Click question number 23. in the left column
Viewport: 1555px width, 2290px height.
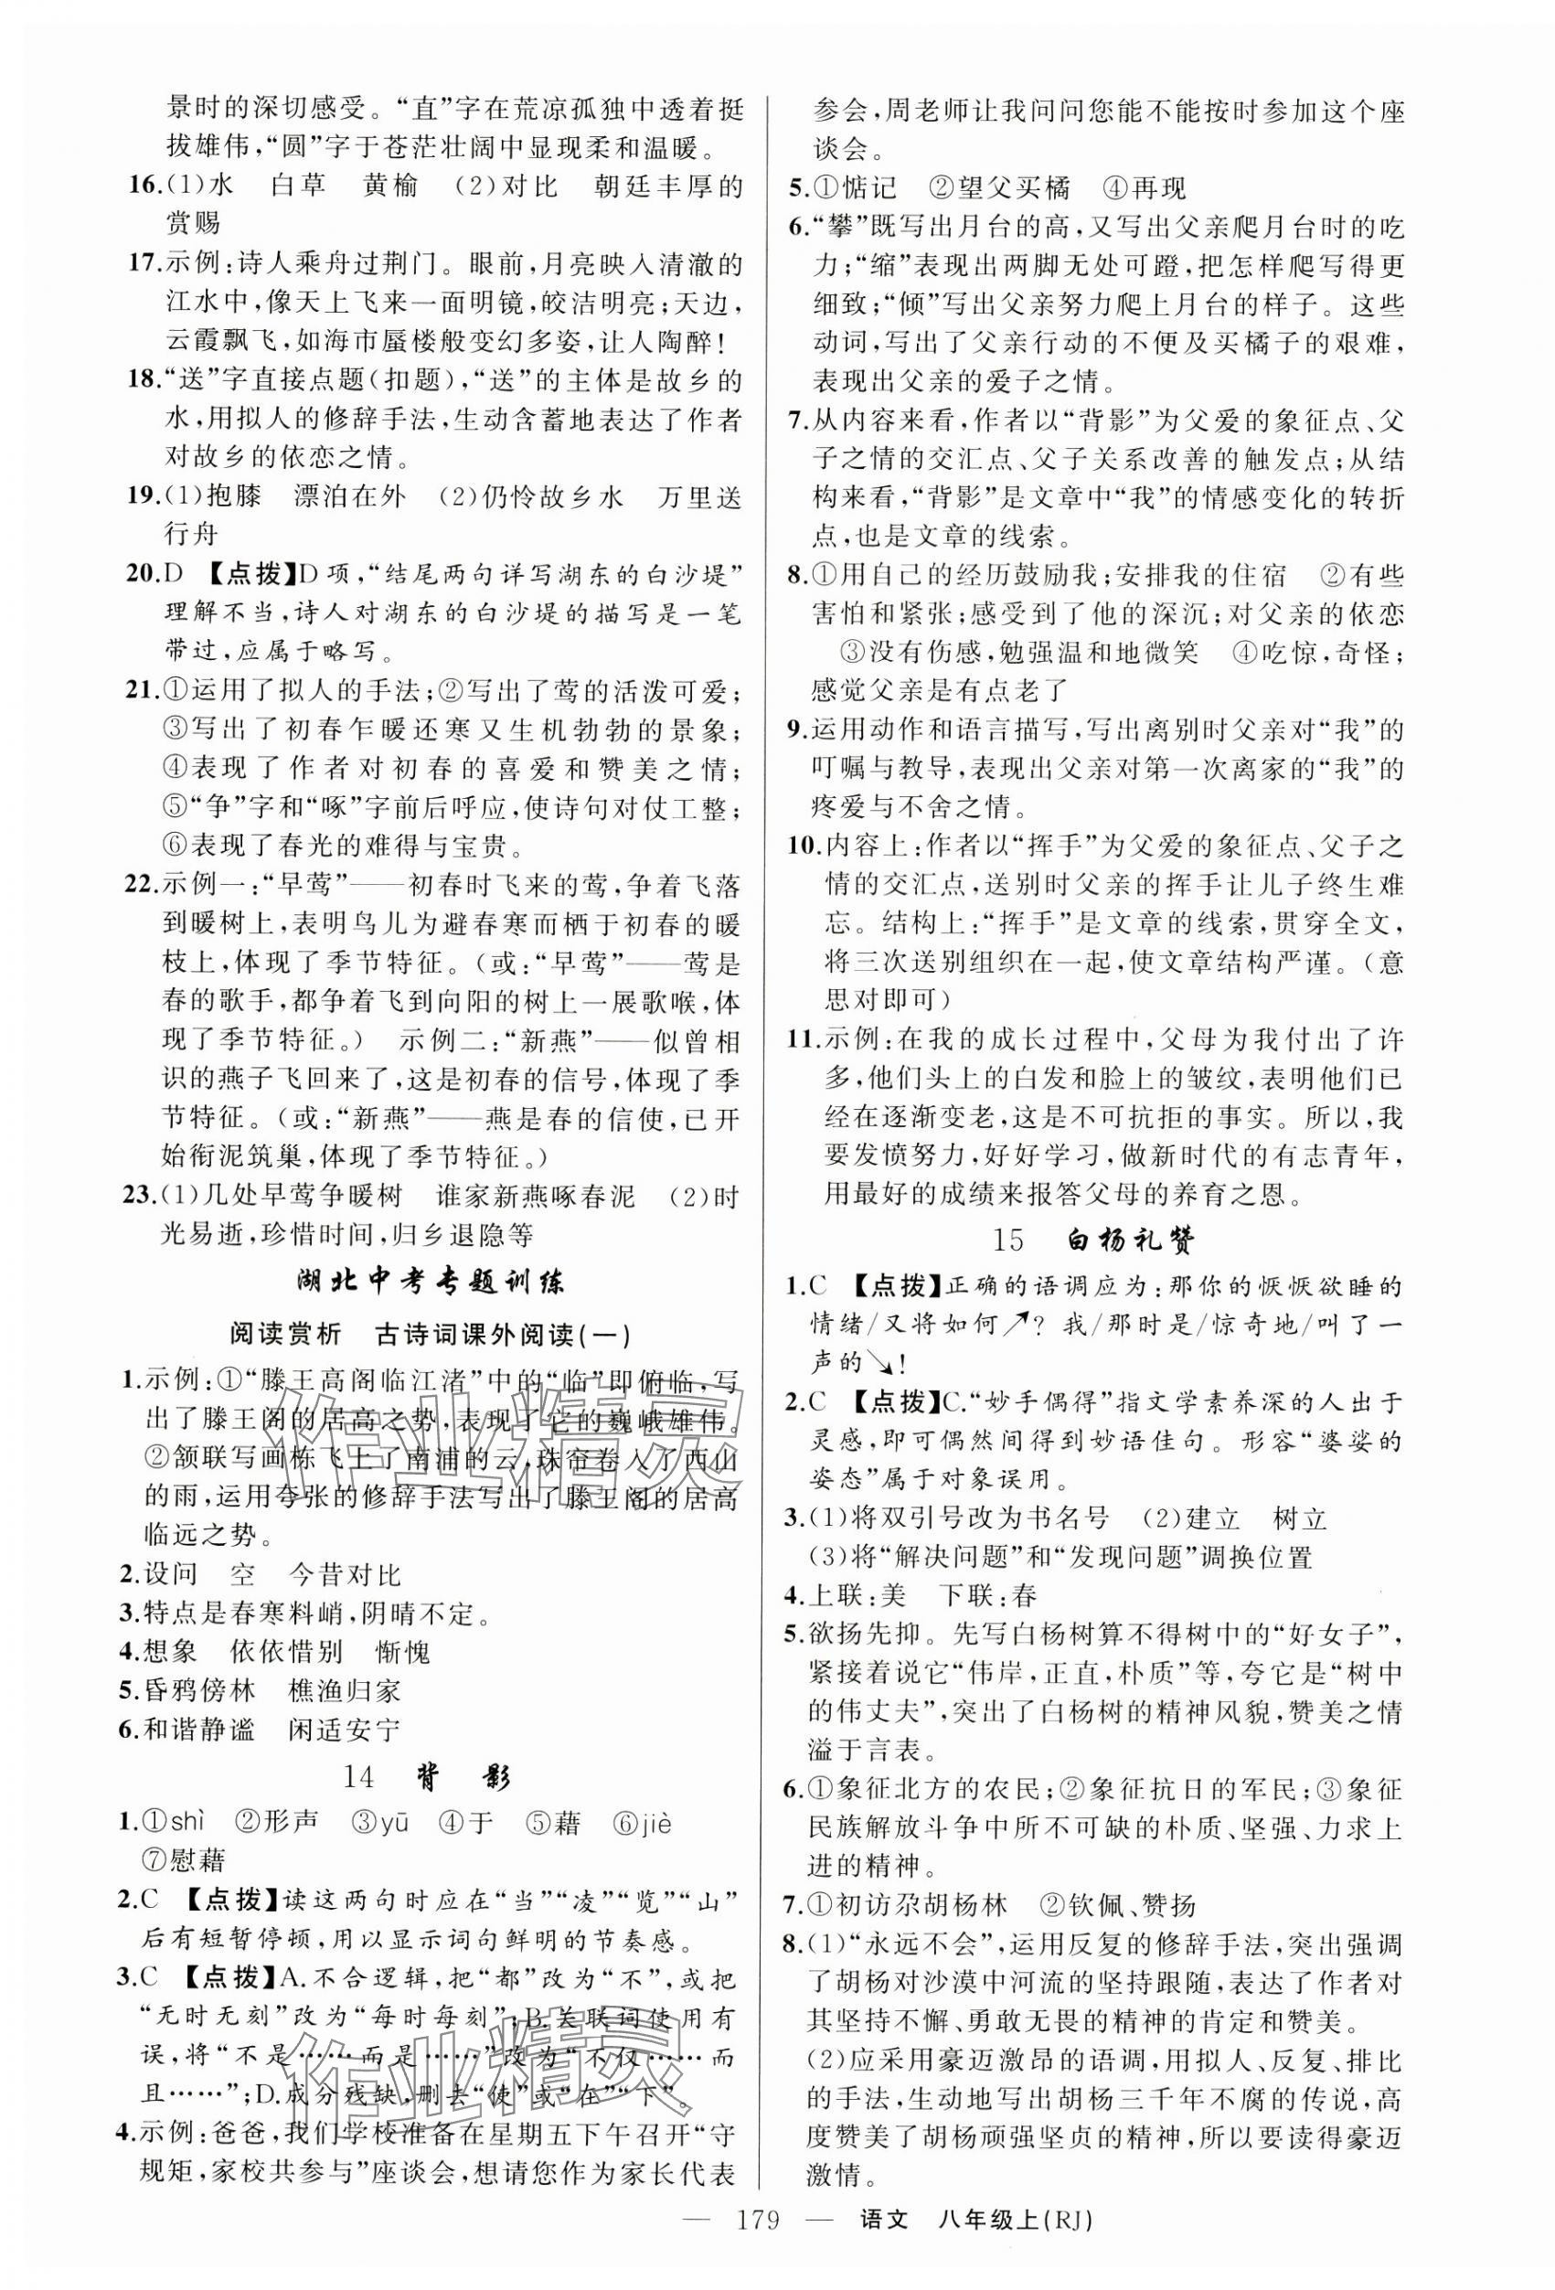[x=137, y=1197]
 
